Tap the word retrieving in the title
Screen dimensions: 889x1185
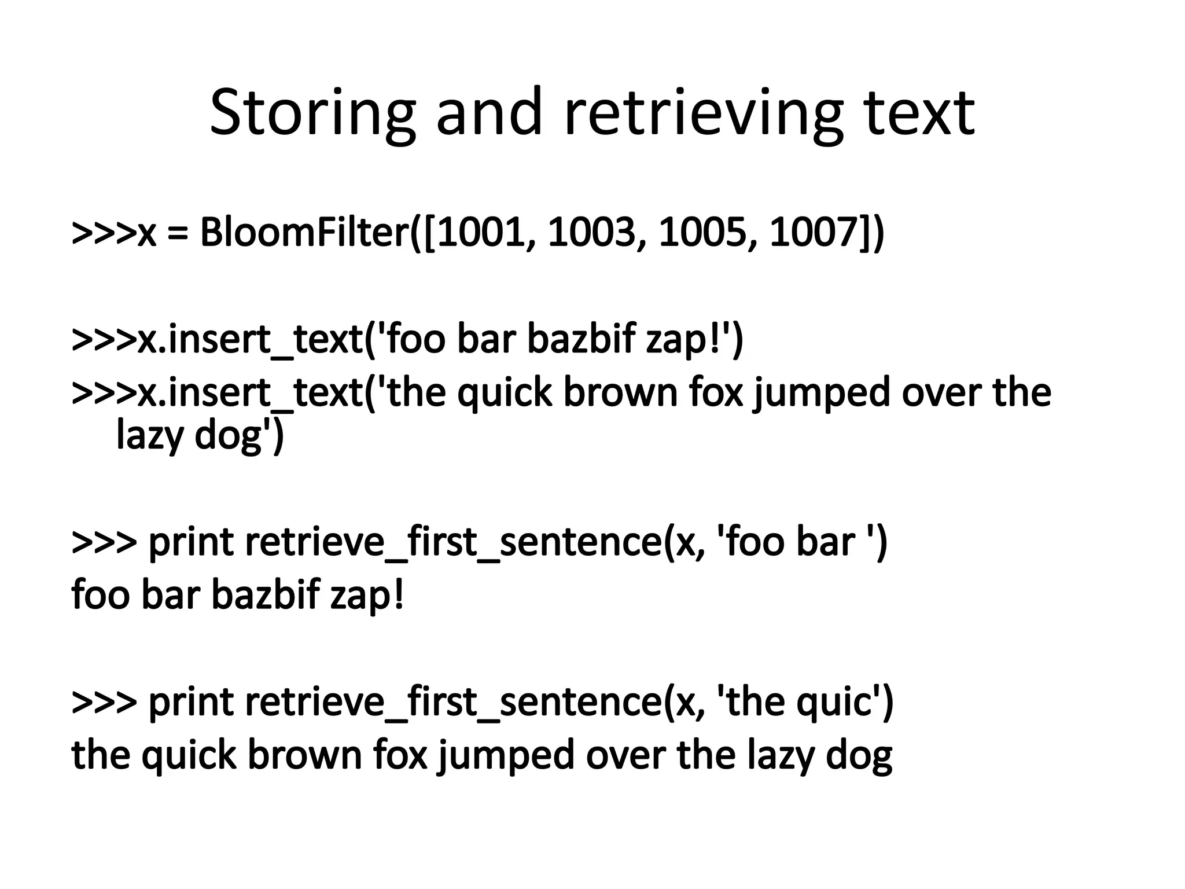tap(702, 113)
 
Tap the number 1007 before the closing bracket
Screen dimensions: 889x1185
tap(814, 233)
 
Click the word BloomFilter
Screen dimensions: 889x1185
tap(304, 233)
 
